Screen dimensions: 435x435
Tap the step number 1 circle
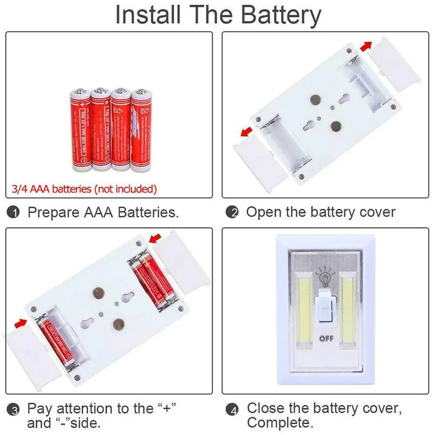[14, 213]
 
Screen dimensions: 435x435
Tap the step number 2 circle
[234, 213]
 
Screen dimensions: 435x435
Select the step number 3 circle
[14, 410]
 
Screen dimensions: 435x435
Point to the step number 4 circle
[234, 410]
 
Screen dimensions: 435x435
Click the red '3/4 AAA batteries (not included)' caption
[83, 189]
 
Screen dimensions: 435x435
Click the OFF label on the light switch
[326, 338]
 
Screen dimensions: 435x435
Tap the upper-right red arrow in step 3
[154, 238]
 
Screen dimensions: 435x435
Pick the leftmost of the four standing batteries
[80, 130]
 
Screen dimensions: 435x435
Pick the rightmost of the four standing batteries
[141, 130]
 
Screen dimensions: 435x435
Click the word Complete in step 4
[278, 422]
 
